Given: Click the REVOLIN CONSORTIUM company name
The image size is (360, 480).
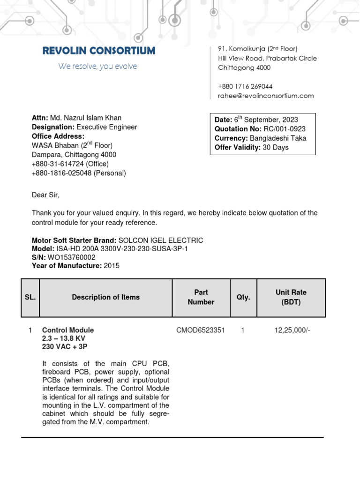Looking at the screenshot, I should pos(98,51).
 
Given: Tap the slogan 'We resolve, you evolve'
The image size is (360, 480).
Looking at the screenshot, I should pos(97,67).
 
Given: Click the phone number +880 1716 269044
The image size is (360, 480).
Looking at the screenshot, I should pos(245,86).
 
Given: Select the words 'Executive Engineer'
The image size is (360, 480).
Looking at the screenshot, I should pos(107,127).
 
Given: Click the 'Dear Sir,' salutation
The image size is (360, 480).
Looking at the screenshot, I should pos(46,195).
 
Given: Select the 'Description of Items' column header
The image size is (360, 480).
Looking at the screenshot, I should pos(105,297).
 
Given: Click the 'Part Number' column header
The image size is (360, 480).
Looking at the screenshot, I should pos(201,297).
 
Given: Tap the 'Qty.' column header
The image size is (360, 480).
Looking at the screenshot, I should pos(243,297).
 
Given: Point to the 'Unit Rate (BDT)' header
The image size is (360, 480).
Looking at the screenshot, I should pos(291,297).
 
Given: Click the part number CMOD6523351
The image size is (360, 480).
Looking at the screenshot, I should pos(201,330).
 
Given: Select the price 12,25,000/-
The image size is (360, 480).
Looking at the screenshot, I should pos(292,330).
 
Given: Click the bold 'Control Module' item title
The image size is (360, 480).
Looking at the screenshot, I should pos(68,330).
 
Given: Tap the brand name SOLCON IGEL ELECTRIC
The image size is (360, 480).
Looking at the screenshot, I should pos(162,240).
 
